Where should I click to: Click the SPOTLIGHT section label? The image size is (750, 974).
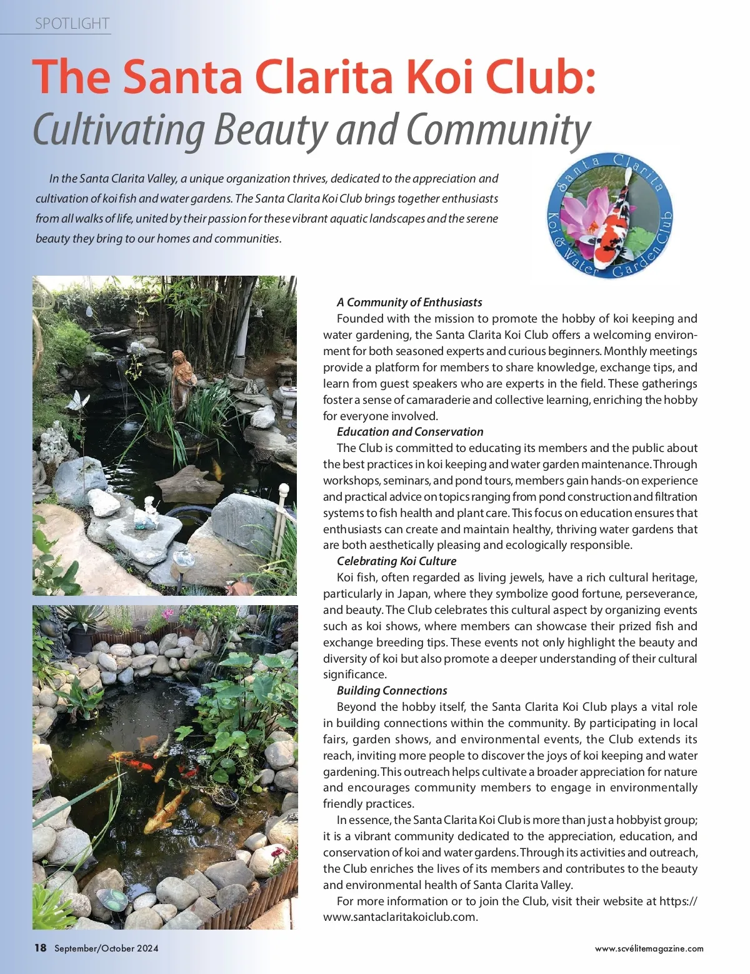72,24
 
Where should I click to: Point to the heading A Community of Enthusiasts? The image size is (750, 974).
409,302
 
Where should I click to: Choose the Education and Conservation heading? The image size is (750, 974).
410,431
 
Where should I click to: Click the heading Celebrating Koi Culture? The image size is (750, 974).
396,561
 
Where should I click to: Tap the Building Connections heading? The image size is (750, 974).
392,690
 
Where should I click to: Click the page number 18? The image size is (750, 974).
40,948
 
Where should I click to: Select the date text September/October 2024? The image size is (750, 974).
106,948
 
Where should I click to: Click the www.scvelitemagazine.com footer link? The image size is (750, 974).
649,948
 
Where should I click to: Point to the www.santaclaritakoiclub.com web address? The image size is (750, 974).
400,917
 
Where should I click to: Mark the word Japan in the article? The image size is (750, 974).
412,593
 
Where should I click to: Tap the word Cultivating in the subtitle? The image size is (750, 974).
119,129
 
